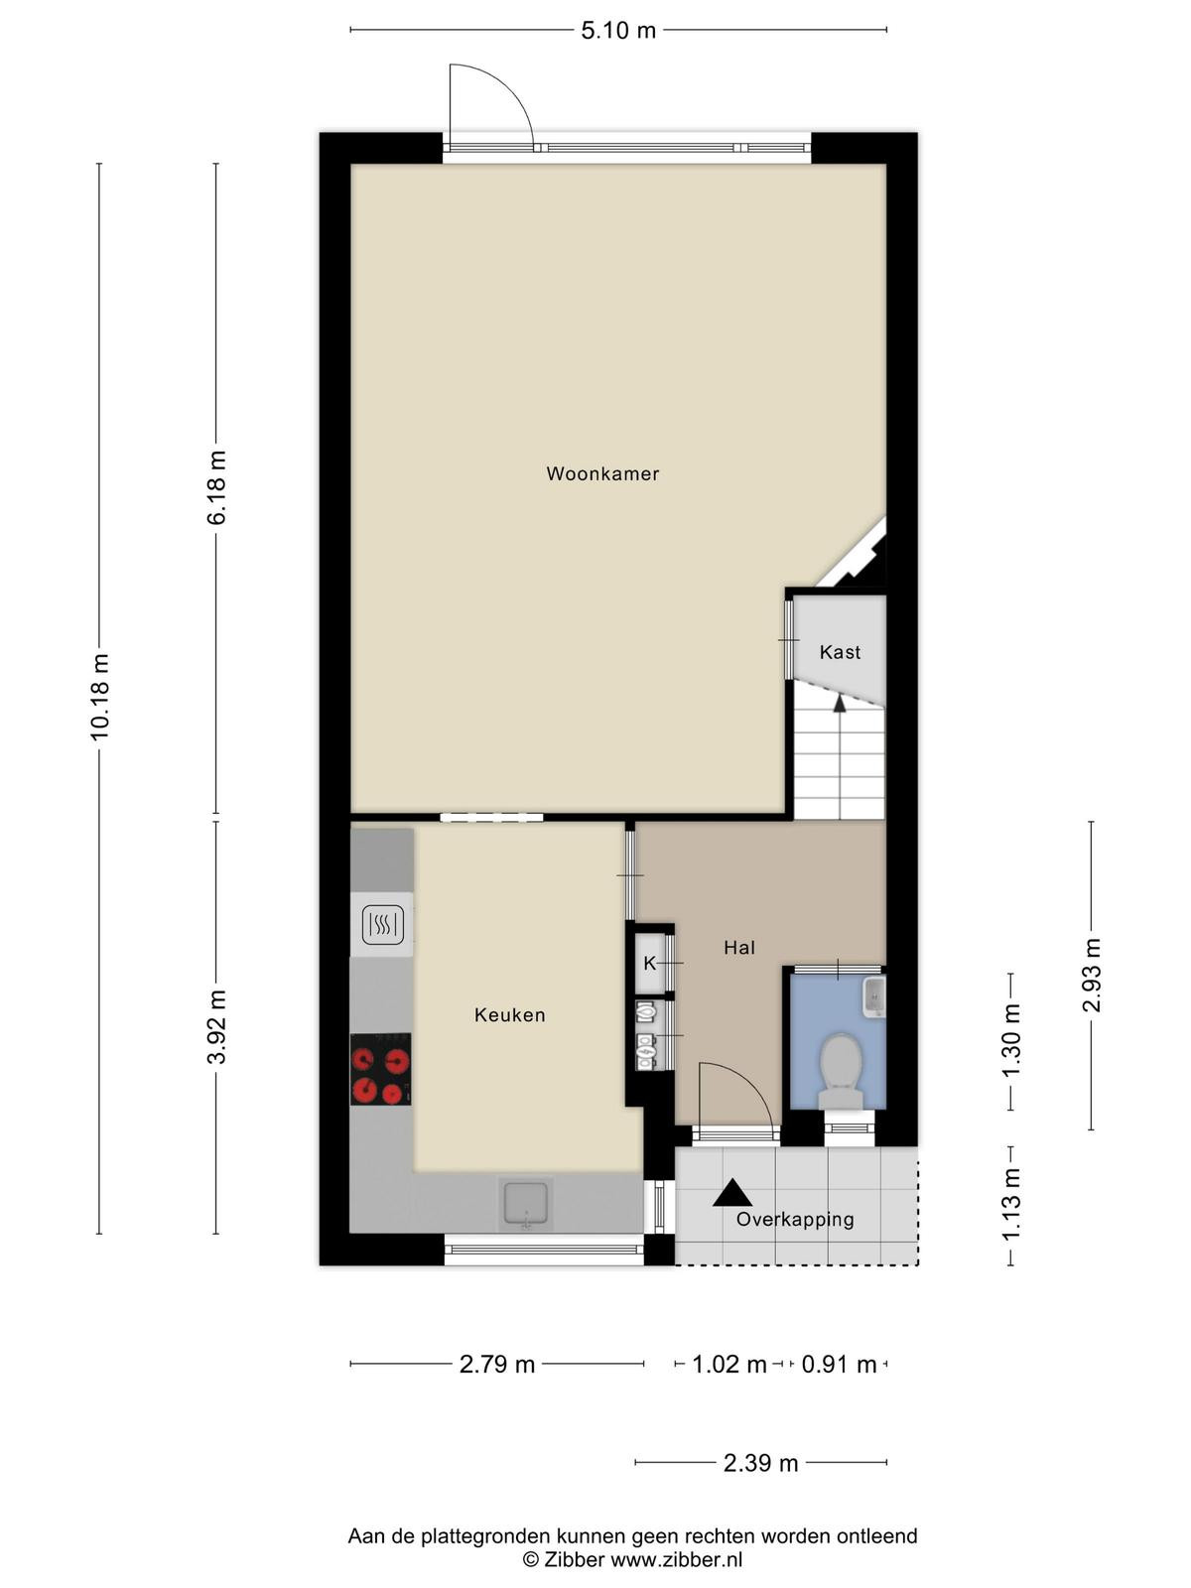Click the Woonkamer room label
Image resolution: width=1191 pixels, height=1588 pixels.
pyautogui.click(x=602, y=473)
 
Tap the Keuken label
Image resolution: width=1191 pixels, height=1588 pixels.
pyautogui.click(x=510, y=1015)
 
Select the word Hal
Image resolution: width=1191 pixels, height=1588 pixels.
pyautogui.click(x=739, y=948)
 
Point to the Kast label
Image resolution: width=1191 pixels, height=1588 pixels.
pyautogui.click(x=840, y=652)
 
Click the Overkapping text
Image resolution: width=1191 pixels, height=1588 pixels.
pyautogui.click(x=795, y=1220)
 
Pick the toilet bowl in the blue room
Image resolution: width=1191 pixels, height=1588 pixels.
pyautogui.click(x=841, y=1072)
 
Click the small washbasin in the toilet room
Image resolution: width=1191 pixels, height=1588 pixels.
pyautogui.click(x=874, y=996)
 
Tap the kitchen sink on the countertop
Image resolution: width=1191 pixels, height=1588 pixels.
pyautogui.click(x=526, y=1203)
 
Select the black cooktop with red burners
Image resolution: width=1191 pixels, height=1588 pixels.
pyautogui.click(x=380, y=1069)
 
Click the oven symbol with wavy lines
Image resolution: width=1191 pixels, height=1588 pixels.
pyautogui.click(x=382, y=925)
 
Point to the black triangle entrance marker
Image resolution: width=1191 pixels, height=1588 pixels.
pyautogui.click(x=732, y=1193)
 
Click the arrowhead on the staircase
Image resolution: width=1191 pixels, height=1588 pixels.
pyautogui.click(x=839, y=704)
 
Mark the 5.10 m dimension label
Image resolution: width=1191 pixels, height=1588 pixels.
pyautogui.click(x=618, y=31)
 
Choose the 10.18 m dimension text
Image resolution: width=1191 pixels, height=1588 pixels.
pyautogui.click(x=99, y=697)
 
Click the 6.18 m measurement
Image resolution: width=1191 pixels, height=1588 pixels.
pyautogui.click(x=216, y=487)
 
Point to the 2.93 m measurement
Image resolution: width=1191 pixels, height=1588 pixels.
pyautogui.click(x=1091, y=975)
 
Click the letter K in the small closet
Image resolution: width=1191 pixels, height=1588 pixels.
pyautogui.click(x=649, y=964)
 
